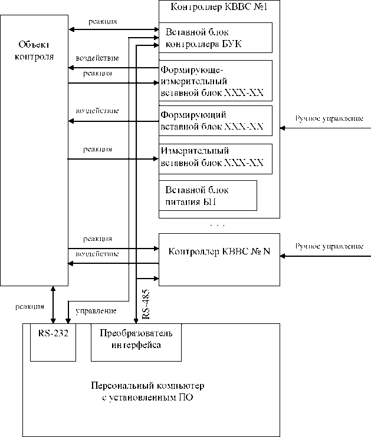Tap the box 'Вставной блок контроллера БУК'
click(215, 38)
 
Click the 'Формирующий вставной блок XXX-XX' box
click(215, 121)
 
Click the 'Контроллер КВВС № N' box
click(219, 252)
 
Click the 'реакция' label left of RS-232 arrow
click(29, 307)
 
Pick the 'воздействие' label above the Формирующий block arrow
click(98, 111)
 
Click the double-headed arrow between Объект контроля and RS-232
click(54, 304)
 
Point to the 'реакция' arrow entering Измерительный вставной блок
click(112, 158)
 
